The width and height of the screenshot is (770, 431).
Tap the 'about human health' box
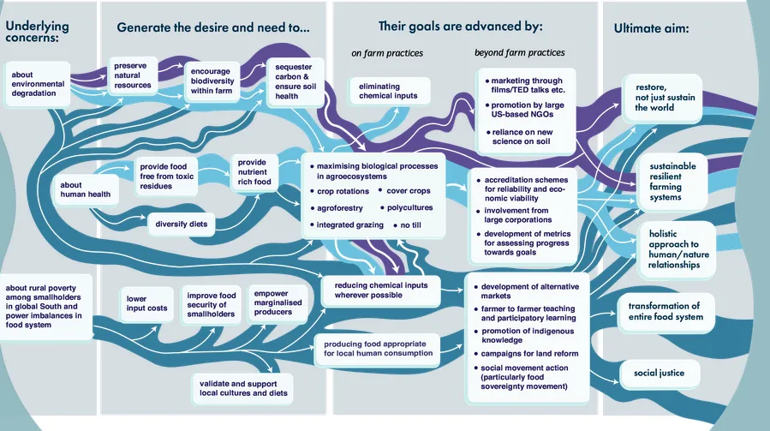(85, 188)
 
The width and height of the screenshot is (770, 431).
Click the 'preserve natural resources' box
(133, 75)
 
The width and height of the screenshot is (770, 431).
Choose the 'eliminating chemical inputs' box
(388, 90)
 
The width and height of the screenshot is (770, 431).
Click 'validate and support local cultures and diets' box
(241, 389)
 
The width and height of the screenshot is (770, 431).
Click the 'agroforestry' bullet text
(339, 208)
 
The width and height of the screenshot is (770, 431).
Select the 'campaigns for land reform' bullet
(529, 353)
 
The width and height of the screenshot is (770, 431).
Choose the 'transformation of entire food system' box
(664, 311)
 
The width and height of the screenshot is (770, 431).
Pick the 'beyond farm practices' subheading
(520, 53)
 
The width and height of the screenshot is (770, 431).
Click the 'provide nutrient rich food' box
(254, 172)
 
